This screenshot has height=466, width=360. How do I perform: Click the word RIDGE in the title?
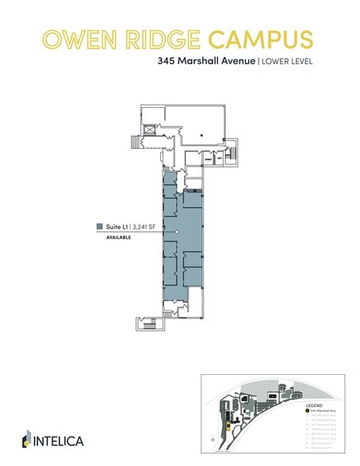[x=155, y=39]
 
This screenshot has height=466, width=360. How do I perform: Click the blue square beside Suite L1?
[x=99, y=226]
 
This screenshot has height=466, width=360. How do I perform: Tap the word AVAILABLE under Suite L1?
[x=118, y=237]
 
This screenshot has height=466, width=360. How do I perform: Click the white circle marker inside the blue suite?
[x=177, y=231]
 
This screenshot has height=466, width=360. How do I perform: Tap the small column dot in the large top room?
[x=202, y=136]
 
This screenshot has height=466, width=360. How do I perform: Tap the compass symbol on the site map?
[x=213, y=437]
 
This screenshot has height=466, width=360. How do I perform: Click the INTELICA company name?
[x=60, y=440]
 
